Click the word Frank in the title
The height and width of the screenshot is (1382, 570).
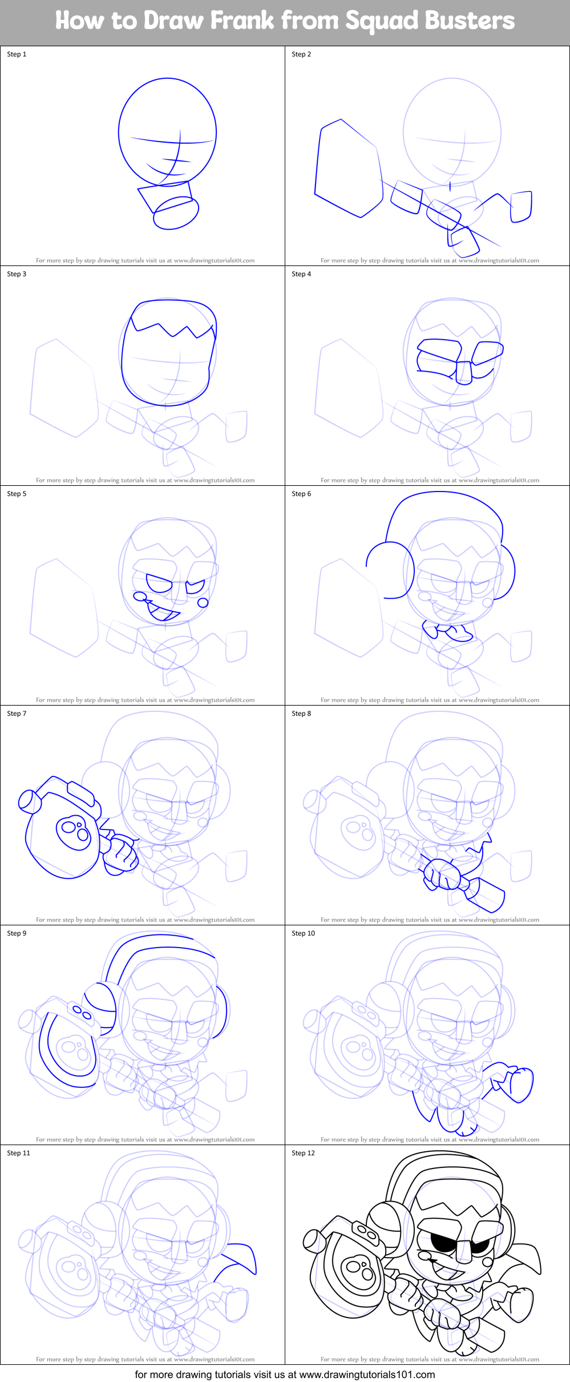click(242, 21)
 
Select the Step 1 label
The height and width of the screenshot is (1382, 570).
click(17, 54)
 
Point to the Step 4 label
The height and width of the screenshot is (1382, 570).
click(301, 274)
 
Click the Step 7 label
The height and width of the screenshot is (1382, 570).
click(17, 714)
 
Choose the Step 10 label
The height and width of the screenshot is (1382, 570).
click(303, 933)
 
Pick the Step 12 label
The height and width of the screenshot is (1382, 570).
click(303, 1153)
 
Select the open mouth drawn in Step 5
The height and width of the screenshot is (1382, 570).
click(163, 613)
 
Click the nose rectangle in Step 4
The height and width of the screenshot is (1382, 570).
click(464, 372)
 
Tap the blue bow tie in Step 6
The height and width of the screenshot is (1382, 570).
click(448, 631)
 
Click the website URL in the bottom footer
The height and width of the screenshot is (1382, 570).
click(367, 1375)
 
